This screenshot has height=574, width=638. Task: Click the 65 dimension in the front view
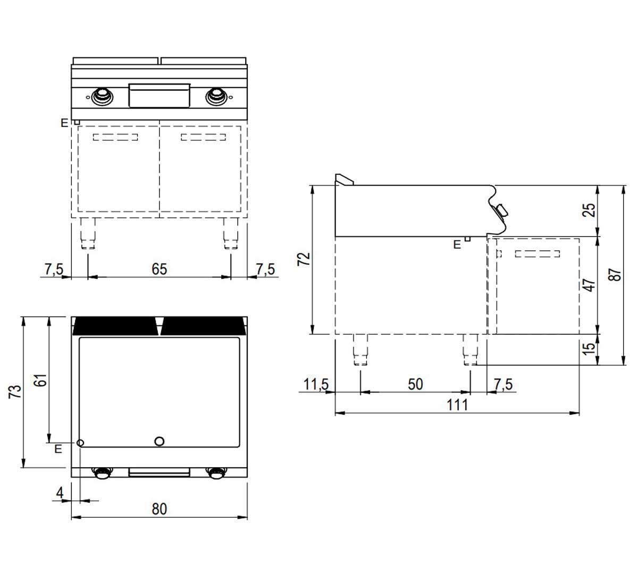coord(159,269)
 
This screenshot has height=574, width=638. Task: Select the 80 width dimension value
coord(159,509)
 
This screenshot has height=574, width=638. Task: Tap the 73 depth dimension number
coord(15,392)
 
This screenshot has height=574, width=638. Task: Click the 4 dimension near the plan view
coord(60,493)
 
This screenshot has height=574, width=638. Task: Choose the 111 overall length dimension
coord(457,405)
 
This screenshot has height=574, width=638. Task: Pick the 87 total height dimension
coord(615,275)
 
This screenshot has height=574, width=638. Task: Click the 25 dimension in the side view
coord(589,210)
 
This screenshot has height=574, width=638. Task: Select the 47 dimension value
coord(589,285)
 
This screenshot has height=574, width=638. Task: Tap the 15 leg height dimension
coord(589,349)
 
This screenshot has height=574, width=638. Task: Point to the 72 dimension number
coord(304,259)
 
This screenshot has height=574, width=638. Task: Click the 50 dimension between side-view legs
coord(415,384)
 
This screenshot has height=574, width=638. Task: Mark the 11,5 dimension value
coord(316,384)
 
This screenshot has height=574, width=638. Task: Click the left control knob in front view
coord(103,96)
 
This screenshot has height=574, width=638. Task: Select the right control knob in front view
coord(216,96)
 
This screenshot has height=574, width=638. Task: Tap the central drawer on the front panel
coord(159,96)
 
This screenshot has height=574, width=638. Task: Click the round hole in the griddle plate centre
coord(159,441)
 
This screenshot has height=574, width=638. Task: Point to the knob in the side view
coord(501,211)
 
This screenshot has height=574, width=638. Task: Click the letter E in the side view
coord(457,244)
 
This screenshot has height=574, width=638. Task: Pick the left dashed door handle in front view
coord(115,137)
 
